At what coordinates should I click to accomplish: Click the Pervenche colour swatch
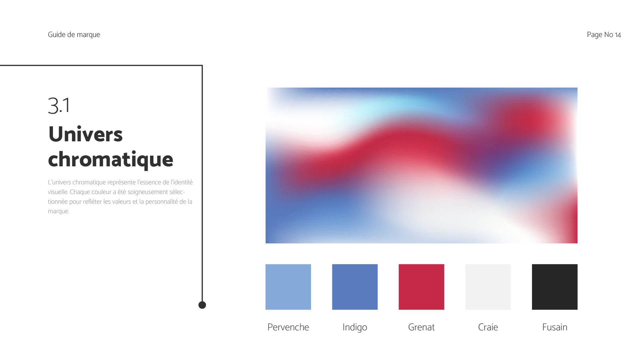288,287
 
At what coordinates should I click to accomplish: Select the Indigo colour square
355,287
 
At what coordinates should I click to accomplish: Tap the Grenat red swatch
421,287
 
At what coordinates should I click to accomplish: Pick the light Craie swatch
488,287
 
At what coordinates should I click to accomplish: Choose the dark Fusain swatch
555,287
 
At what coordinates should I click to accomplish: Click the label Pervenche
288,327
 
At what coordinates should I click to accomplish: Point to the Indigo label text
355,327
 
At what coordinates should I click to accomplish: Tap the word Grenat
421,327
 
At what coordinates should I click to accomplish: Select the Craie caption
488,327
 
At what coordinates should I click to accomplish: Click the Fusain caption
555,327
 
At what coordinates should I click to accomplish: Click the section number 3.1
59,106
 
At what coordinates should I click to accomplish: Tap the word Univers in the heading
85,134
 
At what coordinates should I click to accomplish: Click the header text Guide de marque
74,35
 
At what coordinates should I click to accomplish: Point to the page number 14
618,35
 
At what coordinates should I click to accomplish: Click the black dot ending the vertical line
202,305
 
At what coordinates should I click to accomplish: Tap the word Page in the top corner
595,35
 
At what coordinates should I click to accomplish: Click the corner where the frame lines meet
202,65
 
